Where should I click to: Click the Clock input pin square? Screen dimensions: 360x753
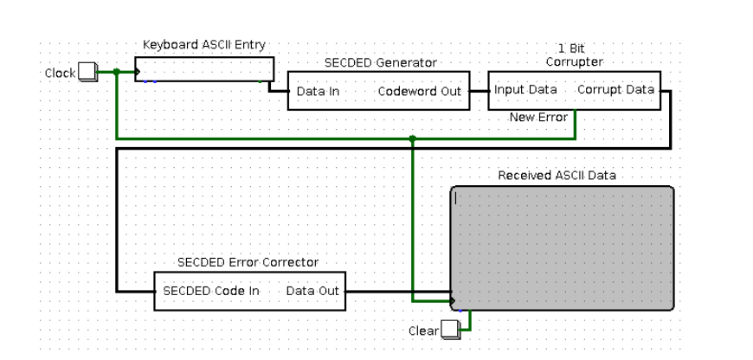coord(87,72)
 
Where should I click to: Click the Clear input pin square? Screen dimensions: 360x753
coord(449,330)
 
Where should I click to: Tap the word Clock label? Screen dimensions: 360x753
coord(60,74)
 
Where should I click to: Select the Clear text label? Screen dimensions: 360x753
coord(422,331)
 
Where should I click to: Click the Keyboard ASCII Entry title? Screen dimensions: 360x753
coord(203,45)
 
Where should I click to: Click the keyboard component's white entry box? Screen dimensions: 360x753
coord(204,69)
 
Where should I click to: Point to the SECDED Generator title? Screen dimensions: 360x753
coord(380,62)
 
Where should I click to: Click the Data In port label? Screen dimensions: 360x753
coord(318,91)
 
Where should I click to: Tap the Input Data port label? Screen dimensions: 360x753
coord(525,89)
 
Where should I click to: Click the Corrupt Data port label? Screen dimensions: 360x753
coord(615,89)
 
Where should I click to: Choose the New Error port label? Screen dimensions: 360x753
coord(538,117)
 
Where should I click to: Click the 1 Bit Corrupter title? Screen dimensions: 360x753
coord(574,55)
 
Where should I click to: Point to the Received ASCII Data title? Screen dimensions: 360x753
coord(557,175)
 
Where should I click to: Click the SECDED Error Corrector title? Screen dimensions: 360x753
coord(248,262)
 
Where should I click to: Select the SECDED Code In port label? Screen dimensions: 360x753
coord(211,291)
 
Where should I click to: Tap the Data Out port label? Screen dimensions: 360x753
coord(312,291)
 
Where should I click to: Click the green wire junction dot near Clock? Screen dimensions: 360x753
coord(117,72)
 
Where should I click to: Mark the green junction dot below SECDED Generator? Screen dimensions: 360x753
coord(412,138)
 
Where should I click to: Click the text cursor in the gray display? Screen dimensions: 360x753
coord(456,198)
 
